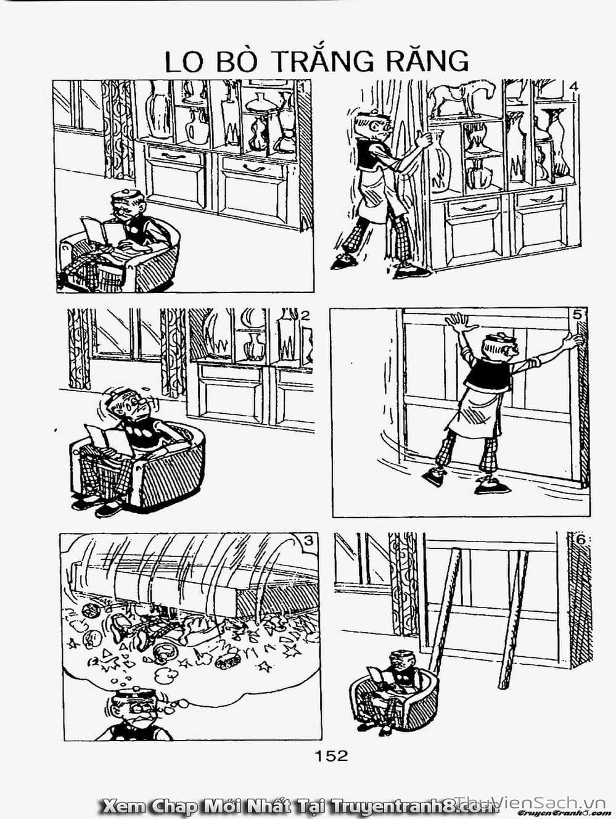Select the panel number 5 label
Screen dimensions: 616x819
(577, 315)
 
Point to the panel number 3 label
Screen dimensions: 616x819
(308, 540)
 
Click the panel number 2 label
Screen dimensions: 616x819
(305, 316)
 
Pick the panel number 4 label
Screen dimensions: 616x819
(574, 86)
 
